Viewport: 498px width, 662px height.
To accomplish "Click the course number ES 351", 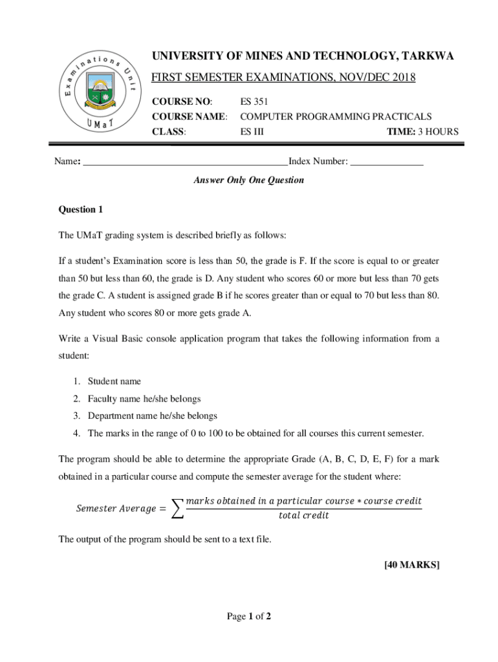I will pyautogui.click(x=254, y=101).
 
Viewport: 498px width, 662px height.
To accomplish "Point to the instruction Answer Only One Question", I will pyautogui.click(x=248, y=180).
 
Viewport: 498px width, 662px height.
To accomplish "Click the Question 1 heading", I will pyautogui.click(x=81, y=209).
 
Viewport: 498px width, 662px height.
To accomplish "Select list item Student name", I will pyautogui.click(x=114, y=381).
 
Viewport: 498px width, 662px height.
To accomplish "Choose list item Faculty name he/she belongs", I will pyautogui.click(x=144, y=399).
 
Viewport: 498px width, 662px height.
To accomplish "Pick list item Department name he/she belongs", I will pyautogui.click(x=152, y=416).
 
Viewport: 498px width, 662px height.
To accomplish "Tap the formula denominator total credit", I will pyautogui.click(x=303, y=516).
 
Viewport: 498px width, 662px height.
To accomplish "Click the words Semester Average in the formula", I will pyautogui.click(x=116, y=509).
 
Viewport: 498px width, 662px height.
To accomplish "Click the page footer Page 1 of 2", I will pyautogui.click(x=248, y=617).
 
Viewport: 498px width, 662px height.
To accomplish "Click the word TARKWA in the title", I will pyautogui.click(x=428, y=57).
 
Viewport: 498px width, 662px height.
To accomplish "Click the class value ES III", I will pyautogui.click(x=252, y=133).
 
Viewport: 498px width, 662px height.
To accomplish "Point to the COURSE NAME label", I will pyautogui.click(x=189, y=117).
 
